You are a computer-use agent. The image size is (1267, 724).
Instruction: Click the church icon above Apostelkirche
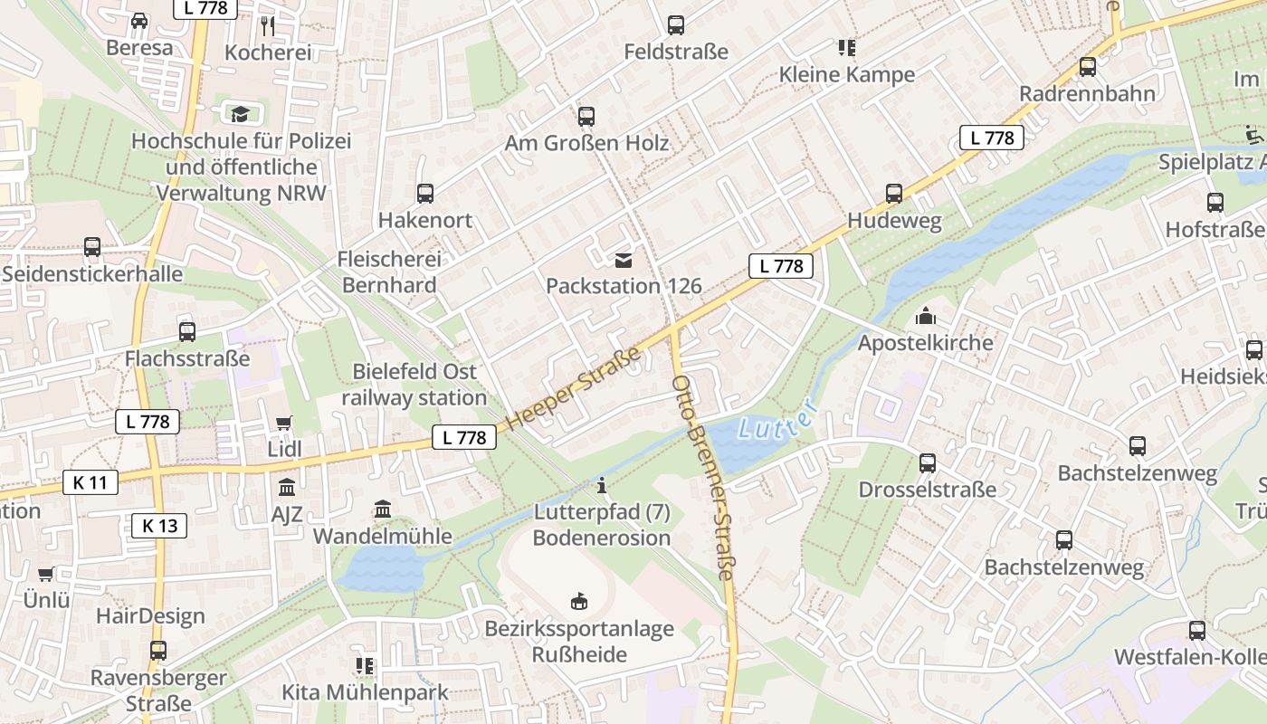925,316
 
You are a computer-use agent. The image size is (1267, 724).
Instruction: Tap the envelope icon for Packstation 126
624,261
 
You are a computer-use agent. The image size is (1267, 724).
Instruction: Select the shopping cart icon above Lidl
284,423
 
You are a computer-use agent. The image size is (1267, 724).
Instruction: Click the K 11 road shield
90,482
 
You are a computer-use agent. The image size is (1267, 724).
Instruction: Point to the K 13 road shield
160,526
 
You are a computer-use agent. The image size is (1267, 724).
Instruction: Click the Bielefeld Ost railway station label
414,385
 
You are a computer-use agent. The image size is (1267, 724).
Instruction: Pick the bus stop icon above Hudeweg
894,193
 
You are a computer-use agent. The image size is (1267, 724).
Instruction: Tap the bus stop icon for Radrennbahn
1087,66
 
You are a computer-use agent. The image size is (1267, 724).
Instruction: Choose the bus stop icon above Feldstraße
676,25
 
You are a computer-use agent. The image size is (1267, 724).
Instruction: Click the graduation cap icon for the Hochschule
240,114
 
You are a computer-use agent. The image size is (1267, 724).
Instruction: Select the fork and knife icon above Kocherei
267,25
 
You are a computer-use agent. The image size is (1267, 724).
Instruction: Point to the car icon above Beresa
139,20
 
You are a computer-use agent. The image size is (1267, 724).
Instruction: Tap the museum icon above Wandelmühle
383,510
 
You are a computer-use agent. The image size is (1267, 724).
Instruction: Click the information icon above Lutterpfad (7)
602,486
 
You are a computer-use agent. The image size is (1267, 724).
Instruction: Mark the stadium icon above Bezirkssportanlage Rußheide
579,601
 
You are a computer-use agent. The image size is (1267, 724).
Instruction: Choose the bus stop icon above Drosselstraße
928,462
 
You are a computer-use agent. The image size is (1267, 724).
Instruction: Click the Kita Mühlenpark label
365,693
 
